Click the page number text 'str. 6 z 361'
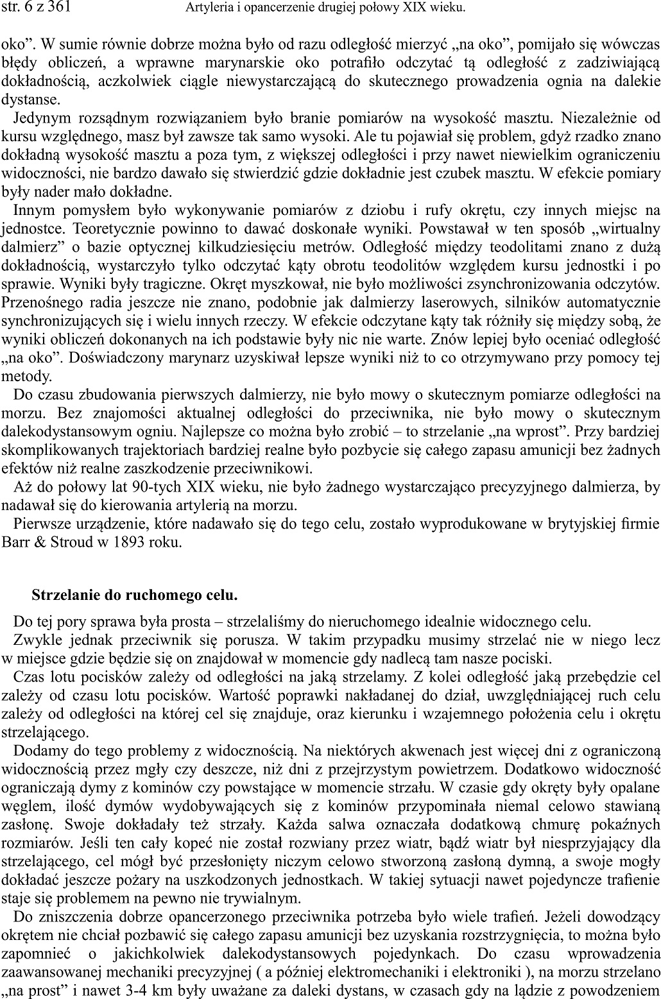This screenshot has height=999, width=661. [x=36, y=8]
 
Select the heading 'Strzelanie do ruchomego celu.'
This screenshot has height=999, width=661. [x=135, y=595]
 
